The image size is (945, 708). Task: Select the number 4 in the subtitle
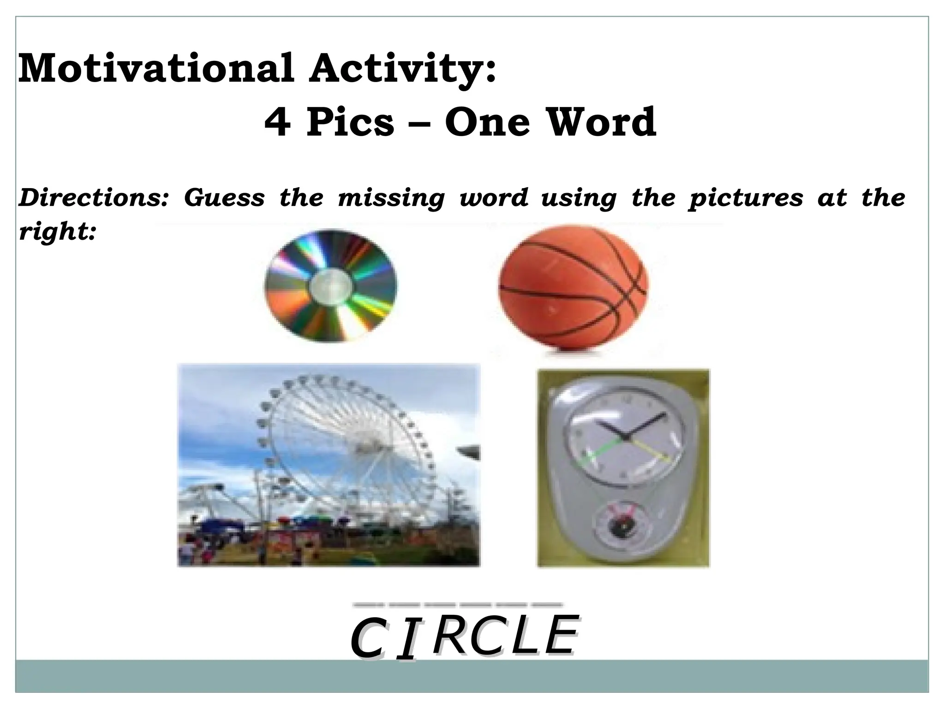coord(277,122)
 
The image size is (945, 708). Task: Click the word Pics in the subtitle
coord(350,122)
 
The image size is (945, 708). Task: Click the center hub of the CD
coord(330,286)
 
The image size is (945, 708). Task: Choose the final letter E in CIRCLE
coord(560,635)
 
